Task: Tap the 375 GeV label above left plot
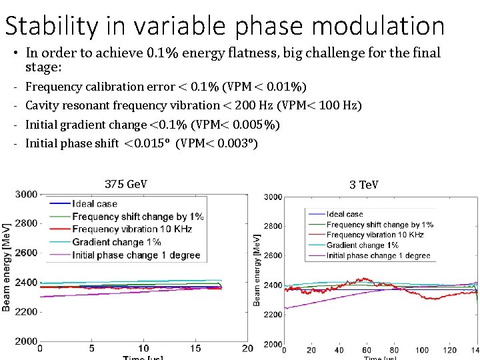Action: (126, 184)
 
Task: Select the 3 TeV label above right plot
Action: (363, 184)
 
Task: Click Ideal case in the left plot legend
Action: (95, 204)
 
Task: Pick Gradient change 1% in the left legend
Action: (116, 242)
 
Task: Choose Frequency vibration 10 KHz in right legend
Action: (375, 235)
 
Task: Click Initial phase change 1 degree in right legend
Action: (378, 255)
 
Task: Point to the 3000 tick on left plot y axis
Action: (27, 194)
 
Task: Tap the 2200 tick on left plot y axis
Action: (27, 311)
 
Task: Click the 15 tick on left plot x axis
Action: (195, 349)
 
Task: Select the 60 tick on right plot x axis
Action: (367, 351)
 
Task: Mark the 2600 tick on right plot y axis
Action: (272, 256)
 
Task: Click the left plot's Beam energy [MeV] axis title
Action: (7, 267)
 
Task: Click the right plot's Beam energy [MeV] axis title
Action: (257, 269)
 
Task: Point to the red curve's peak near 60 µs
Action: (365, 279)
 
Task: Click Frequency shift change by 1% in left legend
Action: (137, 217)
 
